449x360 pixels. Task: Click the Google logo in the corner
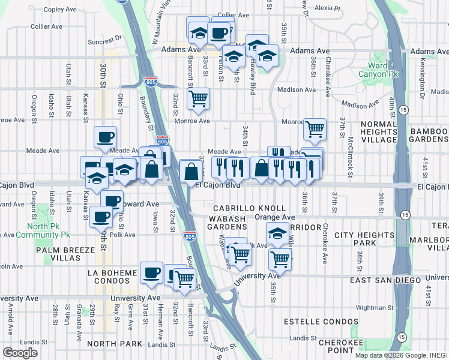[20, 353]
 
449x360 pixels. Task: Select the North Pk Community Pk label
[48, 230]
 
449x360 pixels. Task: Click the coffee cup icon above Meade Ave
[105, 137]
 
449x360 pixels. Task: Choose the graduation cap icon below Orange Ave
[277, 233]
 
